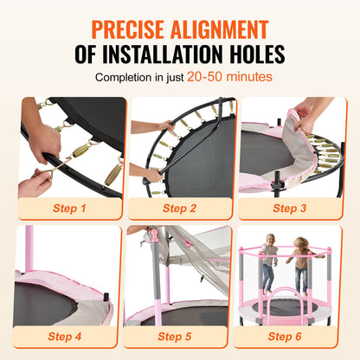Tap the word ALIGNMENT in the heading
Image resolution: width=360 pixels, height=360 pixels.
tap(240, 23)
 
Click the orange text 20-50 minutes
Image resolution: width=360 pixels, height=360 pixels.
tap(231, 78)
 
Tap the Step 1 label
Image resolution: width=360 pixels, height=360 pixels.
tap(69, 208)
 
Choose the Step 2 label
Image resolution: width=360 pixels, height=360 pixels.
tap(179, 208)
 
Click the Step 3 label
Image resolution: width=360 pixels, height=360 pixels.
tap(291, 208)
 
